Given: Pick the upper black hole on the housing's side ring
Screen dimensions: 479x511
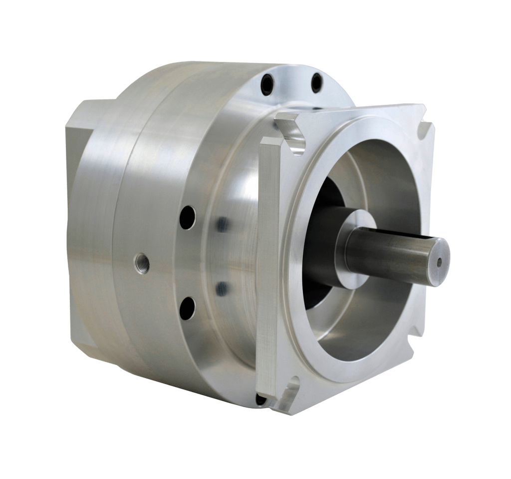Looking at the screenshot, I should click(x=188, y=217).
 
